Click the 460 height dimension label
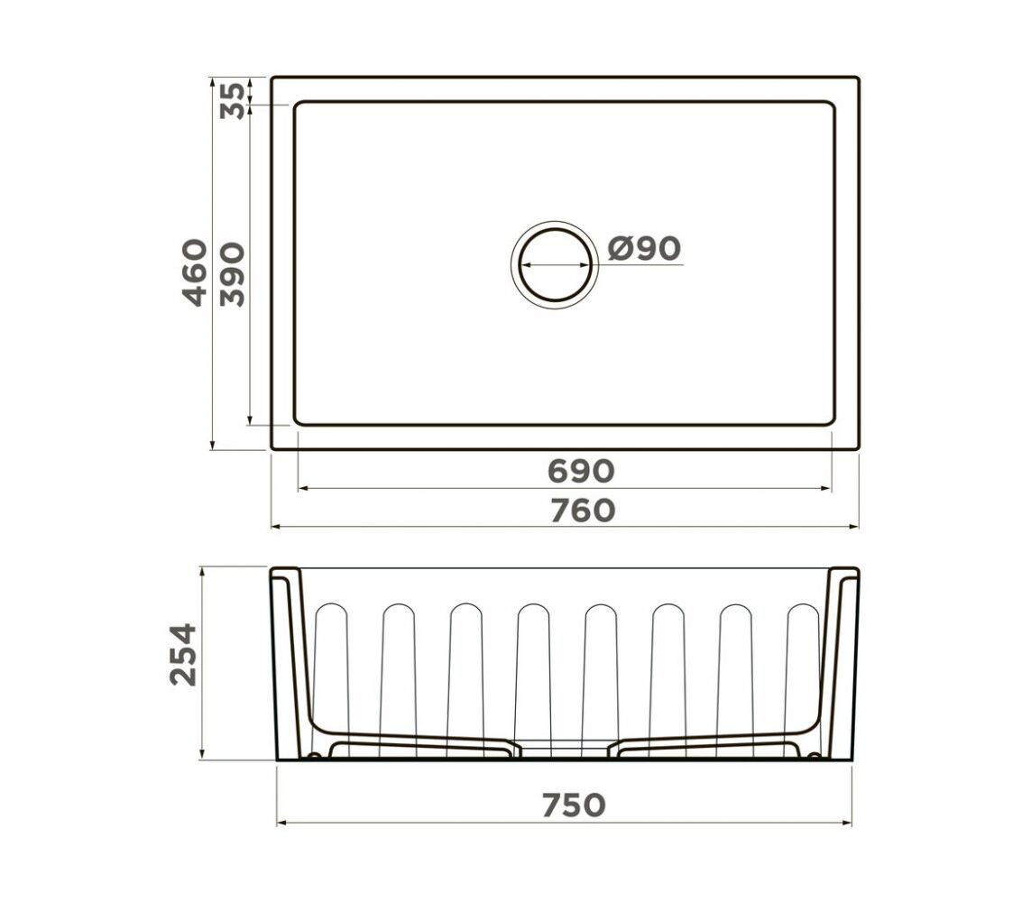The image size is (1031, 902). point(195,272)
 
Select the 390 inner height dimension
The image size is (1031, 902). point(232,274)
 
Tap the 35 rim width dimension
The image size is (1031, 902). point(232,101)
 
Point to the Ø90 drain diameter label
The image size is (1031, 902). point(644,249)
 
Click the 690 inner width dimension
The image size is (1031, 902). point(581,471)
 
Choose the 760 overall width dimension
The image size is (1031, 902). point(583,511)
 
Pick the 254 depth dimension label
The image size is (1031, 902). point(183,655)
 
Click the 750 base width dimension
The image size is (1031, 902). point(574,805)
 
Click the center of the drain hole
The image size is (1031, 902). point(555,265)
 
